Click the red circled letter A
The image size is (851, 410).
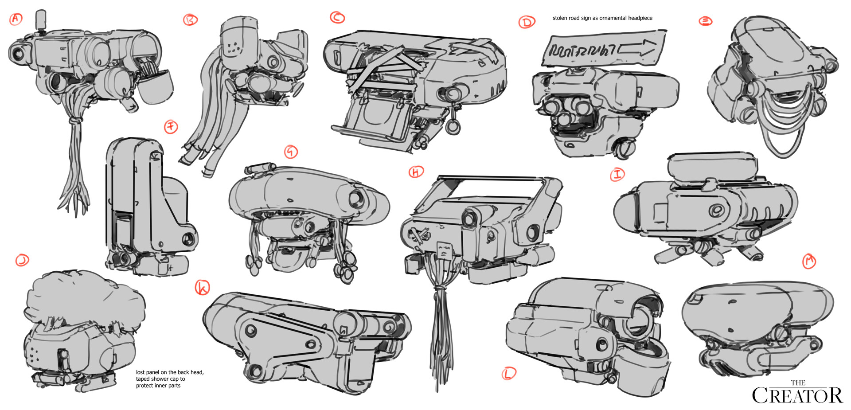pyautogui.click(x=16, y=19)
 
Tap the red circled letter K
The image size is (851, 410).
pyautogui.click(x=203, y=288)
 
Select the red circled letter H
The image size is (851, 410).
pyautogui.click(x=416, y=172)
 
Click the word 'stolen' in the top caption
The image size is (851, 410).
pyautogui.click(x=560, y=18)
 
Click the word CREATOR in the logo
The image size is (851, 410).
pyautogui.click(x=797, y=396)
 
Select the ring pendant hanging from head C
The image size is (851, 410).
pyautogui.click(x=453, y=127)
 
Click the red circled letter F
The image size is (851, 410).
pyautogui.click(x=171, y=127)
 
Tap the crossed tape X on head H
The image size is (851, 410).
pyautogui.click(x=418, y=234)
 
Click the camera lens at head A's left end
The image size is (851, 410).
pyautogui.click(x=18, y=53)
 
